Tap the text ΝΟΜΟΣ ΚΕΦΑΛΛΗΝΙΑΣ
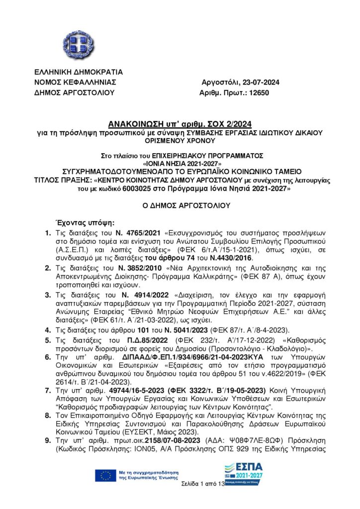point(75,82)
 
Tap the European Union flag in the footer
point(105,475)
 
